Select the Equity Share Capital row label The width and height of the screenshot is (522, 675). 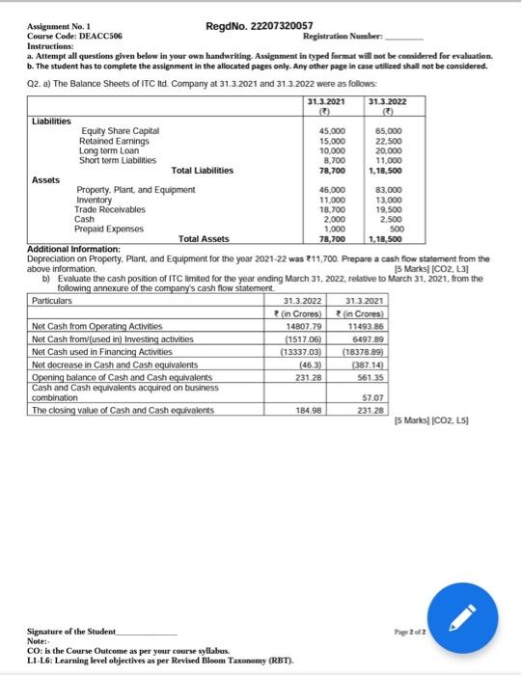(121, 130)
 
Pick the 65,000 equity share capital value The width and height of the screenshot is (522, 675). (386, 130)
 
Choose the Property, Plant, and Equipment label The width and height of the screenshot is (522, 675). (136, 190)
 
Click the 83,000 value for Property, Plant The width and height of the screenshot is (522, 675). (386, 190)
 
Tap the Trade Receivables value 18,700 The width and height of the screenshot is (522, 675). (331, 209)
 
